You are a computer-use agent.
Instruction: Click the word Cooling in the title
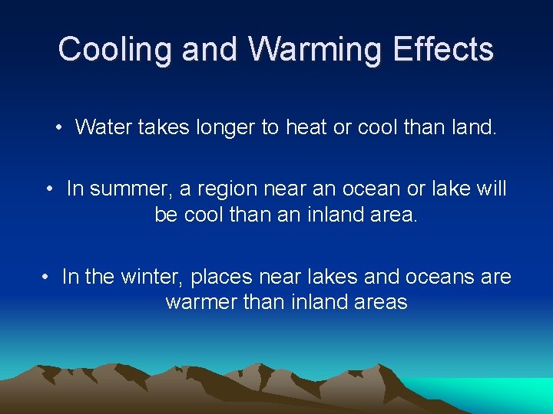pos(116,50)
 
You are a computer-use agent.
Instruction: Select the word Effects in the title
pos(444,50)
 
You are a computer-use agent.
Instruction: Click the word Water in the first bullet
pos(104,127)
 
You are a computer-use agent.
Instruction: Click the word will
pos(492,189)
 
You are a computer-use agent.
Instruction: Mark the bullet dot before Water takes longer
pos(60,127)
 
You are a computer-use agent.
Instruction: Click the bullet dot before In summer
pos(49,189)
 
